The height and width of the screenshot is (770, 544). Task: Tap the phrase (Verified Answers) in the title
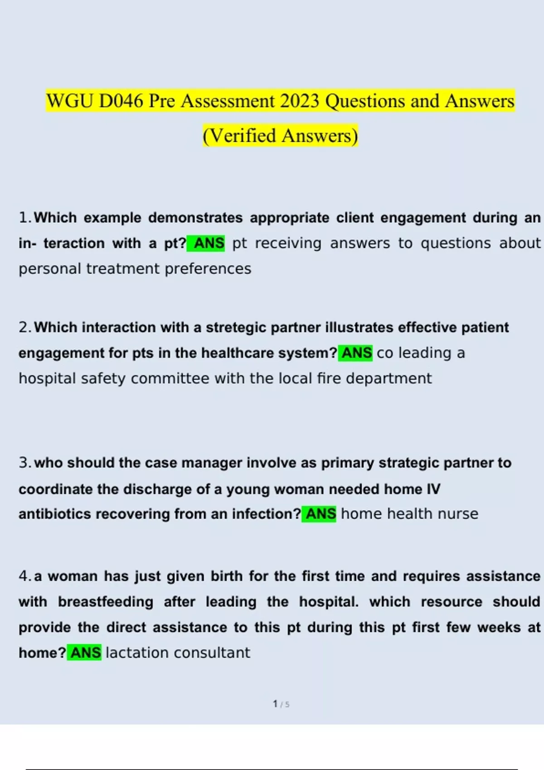click(x=280, y=135)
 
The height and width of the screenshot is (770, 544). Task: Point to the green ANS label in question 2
click(x=356, y=353)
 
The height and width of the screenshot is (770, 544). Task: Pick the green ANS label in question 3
click(x=321, y=514)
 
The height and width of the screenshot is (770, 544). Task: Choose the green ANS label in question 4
click(x=85, y=653)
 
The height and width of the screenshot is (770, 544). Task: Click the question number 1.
click(x=24, y=218)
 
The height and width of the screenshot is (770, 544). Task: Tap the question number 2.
click(x=24, y=327)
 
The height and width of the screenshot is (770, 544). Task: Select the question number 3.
click(x=24, y=463)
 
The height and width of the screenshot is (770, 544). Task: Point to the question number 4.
click(x=24, y=576)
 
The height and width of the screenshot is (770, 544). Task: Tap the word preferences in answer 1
click(x=208, y=269)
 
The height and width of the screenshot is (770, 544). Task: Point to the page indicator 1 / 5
click(x=281, y=704)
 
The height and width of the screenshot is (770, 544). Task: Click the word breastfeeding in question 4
click(x=106, y=602)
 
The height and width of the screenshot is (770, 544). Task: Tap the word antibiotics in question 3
click(x=55, y=514)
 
